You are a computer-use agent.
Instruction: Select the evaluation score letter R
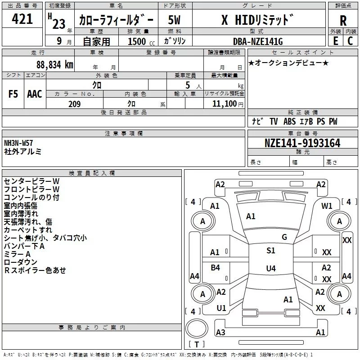343,21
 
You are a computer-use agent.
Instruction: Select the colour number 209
74,104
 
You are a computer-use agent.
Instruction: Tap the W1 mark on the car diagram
327,206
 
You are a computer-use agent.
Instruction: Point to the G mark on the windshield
284,237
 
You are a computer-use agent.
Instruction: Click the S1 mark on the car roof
270,251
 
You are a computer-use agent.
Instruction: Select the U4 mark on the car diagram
270,269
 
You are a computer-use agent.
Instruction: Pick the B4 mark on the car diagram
216,268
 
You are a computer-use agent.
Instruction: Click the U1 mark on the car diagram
221,308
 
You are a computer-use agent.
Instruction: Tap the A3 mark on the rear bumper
220,332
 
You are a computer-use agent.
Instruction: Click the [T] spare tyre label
197,344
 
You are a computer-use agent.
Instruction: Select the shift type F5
13,94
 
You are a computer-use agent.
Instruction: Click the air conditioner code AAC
34,94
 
